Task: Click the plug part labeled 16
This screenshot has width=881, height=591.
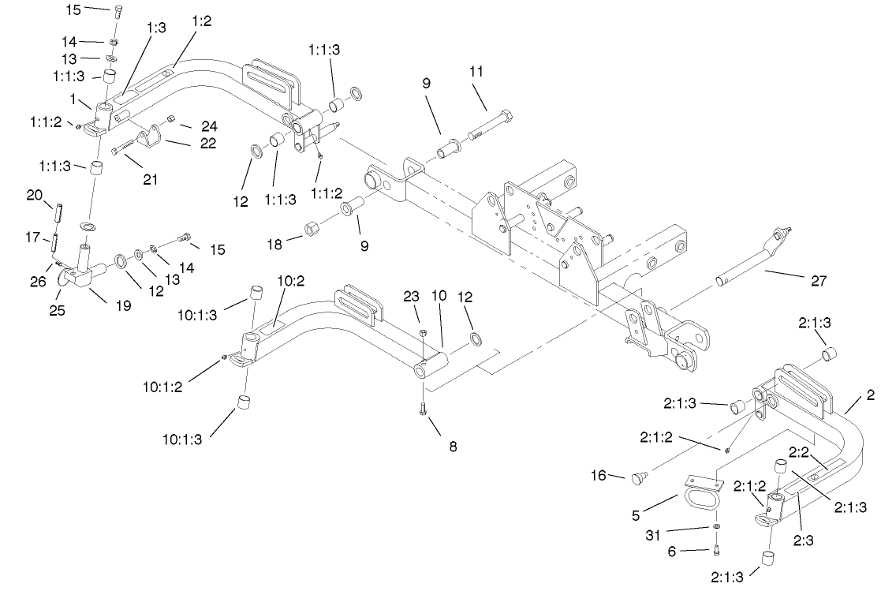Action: (x=640, y=477)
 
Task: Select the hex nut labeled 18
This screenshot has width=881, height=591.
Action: (x=311, y=229)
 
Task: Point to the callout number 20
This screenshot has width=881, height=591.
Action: (x=34, y=195)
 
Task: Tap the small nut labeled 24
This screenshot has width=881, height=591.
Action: (x=171, y=120)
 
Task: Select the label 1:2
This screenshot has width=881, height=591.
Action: (x=202, y=21)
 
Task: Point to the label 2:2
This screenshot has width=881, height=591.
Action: (x=797, y=451)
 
